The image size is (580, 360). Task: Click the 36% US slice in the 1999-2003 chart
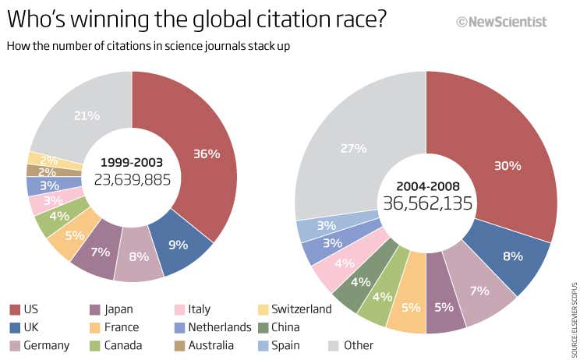click(204, 154)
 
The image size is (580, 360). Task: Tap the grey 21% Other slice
click(86, 115)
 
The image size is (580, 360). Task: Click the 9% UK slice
click(179, 244)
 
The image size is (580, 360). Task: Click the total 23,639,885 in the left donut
click(132, 178)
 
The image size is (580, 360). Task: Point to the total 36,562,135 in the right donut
click(426, 203)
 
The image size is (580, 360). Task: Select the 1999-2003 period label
click(132, 162)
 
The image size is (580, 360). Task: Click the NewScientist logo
click(514, 23)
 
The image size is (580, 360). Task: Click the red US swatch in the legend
click(15, 309)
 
